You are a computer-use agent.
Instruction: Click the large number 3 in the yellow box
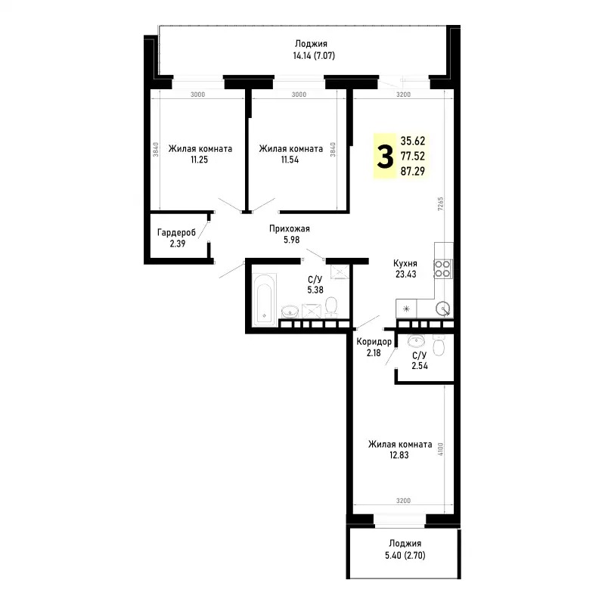(386, 157)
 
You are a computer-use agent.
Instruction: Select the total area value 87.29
(413, 172)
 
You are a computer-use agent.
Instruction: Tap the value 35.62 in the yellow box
(413, 141)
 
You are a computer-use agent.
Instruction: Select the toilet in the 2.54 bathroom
(443, 346)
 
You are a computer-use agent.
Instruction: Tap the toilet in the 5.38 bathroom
(330, 306)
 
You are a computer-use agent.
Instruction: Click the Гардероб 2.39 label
(176, 238)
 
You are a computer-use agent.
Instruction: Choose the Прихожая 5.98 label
(289, 234)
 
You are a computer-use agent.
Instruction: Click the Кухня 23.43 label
(405, 268)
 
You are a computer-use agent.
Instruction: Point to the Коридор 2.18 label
(374, 348)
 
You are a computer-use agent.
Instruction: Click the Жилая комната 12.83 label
(400, 451)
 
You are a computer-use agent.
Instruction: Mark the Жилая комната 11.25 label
(200, 154)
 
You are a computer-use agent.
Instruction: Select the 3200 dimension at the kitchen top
(402, 95)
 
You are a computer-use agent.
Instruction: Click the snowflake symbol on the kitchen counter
(407, 309)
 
